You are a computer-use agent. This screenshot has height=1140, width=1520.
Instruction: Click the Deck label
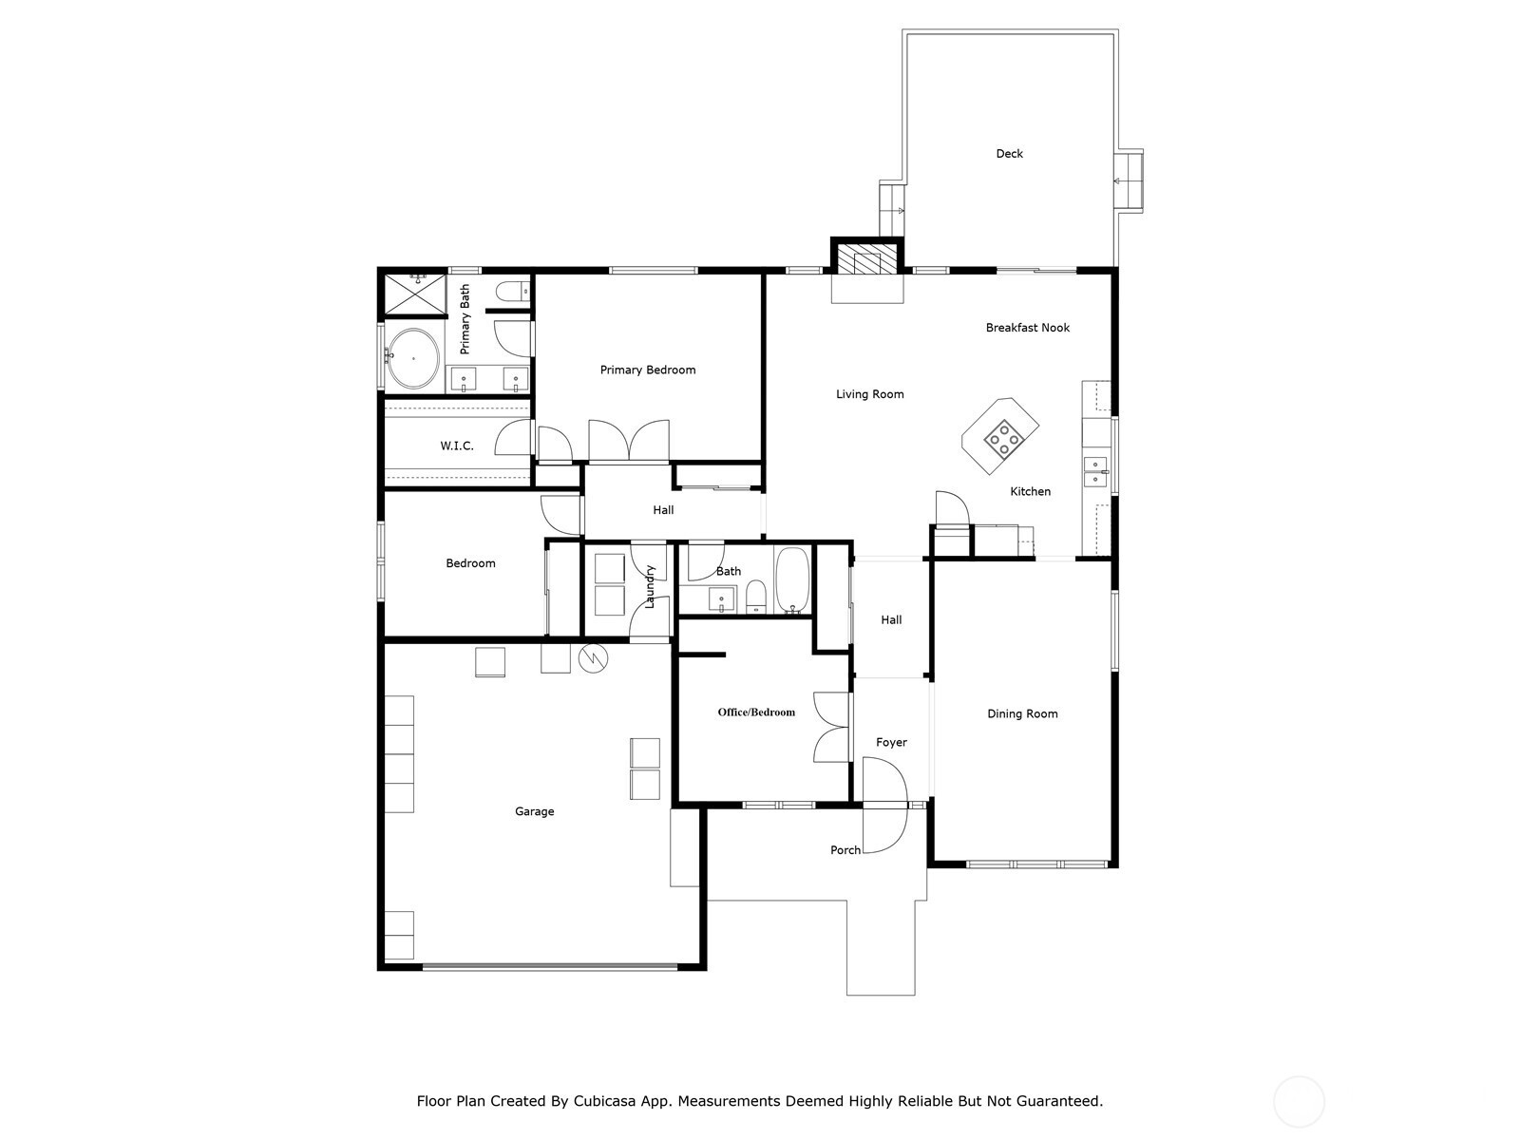[1009, 154]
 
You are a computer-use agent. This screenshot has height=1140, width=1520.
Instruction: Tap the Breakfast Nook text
[1027, 328]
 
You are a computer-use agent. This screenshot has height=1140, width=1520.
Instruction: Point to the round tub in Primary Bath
[413, 358]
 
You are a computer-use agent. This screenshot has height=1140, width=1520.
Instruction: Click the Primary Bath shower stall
[413, 294]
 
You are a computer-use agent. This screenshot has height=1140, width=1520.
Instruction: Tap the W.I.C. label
[456, 446]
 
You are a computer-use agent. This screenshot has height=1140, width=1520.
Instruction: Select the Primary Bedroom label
[647, 370]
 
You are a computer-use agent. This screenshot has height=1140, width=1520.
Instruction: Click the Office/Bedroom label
[756, 712]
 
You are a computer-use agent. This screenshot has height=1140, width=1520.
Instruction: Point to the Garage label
[534, 811]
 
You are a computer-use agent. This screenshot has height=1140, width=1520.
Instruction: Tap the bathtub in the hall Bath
[791, 581]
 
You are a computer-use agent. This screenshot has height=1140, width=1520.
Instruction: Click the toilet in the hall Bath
[756, 598]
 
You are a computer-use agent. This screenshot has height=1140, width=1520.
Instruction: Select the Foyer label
[891, 743]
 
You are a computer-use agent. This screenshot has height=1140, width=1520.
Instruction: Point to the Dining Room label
[1022, 714]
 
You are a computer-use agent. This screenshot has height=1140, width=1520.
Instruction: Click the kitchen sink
[1095, 471]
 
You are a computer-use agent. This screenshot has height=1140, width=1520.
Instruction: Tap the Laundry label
[651, 586]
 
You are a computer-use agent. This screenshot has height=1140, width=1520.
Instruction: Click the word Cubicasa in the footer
[608, 1102]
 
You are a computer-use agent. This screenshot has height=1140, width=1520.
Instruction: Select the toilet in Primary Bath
[513, 291]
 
